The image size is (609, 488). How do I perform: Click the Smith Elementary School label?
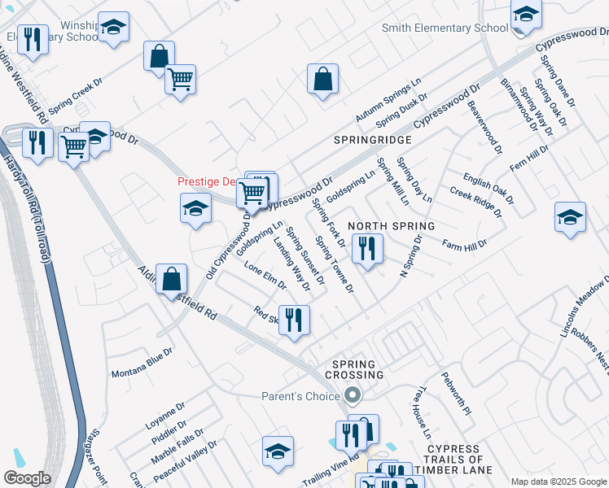pos(445,28)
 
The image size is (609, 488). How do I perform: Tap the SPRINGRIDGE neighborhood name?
pos(373,140)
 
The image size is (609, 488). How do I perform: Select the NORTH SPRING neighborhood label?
pos(391,225)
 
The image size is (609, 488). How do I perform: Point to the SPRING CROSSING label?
pos(353,369)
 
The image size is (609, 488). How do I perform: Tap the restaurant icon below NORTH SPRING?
pos(367,247)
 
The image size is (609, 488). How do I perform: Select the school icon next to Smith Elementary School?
pos(526,16)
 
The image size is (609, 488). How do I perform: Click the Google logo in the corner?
pos(27,477)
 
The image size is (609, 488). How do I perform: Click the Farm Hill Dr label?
pos(464,243)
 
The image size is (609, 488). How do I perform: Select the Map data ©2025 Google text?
pos(559,481)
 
